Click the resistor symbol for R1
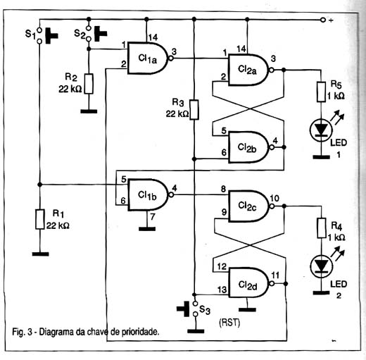(x=40, y=219)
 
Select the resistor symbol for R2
(x=89, y=84)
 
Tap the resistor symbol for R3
(x=194, y=110)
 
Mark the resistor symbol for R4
(x=322, y=228)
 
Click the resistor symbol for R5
(x=321, y=92)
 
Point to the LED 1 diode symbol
(x=321, y=130)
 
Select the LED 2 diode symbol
(x=322, y=266)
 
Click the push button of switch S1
(x=51, y=36)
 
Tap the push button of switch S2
(x=101, y=34)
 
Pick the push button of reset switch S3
(x=183, y=309)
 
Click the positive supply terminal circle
(x=323, y=20)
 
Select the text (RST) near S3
(x=229, y=323)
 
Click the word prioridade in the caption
(x=140, y=333)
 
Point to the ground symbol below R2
(x=89, y=111)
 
